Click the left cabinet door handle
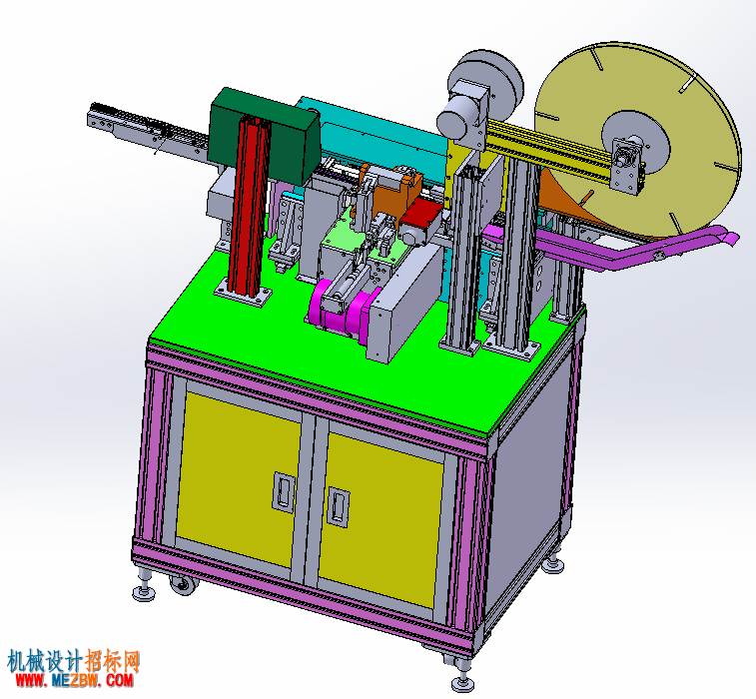284,491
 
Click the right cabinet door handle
339,506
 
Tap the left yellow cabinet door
239,477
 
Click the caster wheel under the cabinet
184,584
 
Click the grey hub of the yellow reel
635,145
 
